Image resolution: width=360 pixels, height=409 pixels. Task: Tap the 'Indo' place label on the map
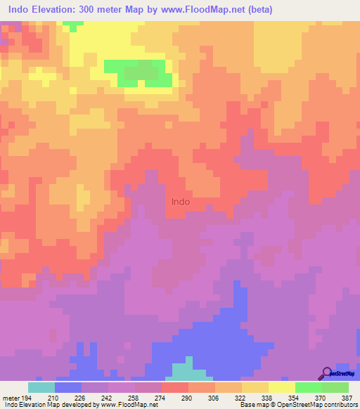point(181,201)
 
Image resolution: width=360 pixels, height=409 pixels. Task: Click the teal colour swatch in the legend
point(41,387)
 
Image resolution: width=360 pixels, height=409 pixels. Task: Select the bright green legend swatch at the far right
point(335,387)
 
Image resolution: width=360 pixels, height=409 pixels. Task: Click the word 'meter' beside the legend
point(10,398)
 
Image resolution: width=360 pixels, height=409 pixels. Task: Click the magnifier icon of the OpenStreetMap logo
point(326,372)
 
